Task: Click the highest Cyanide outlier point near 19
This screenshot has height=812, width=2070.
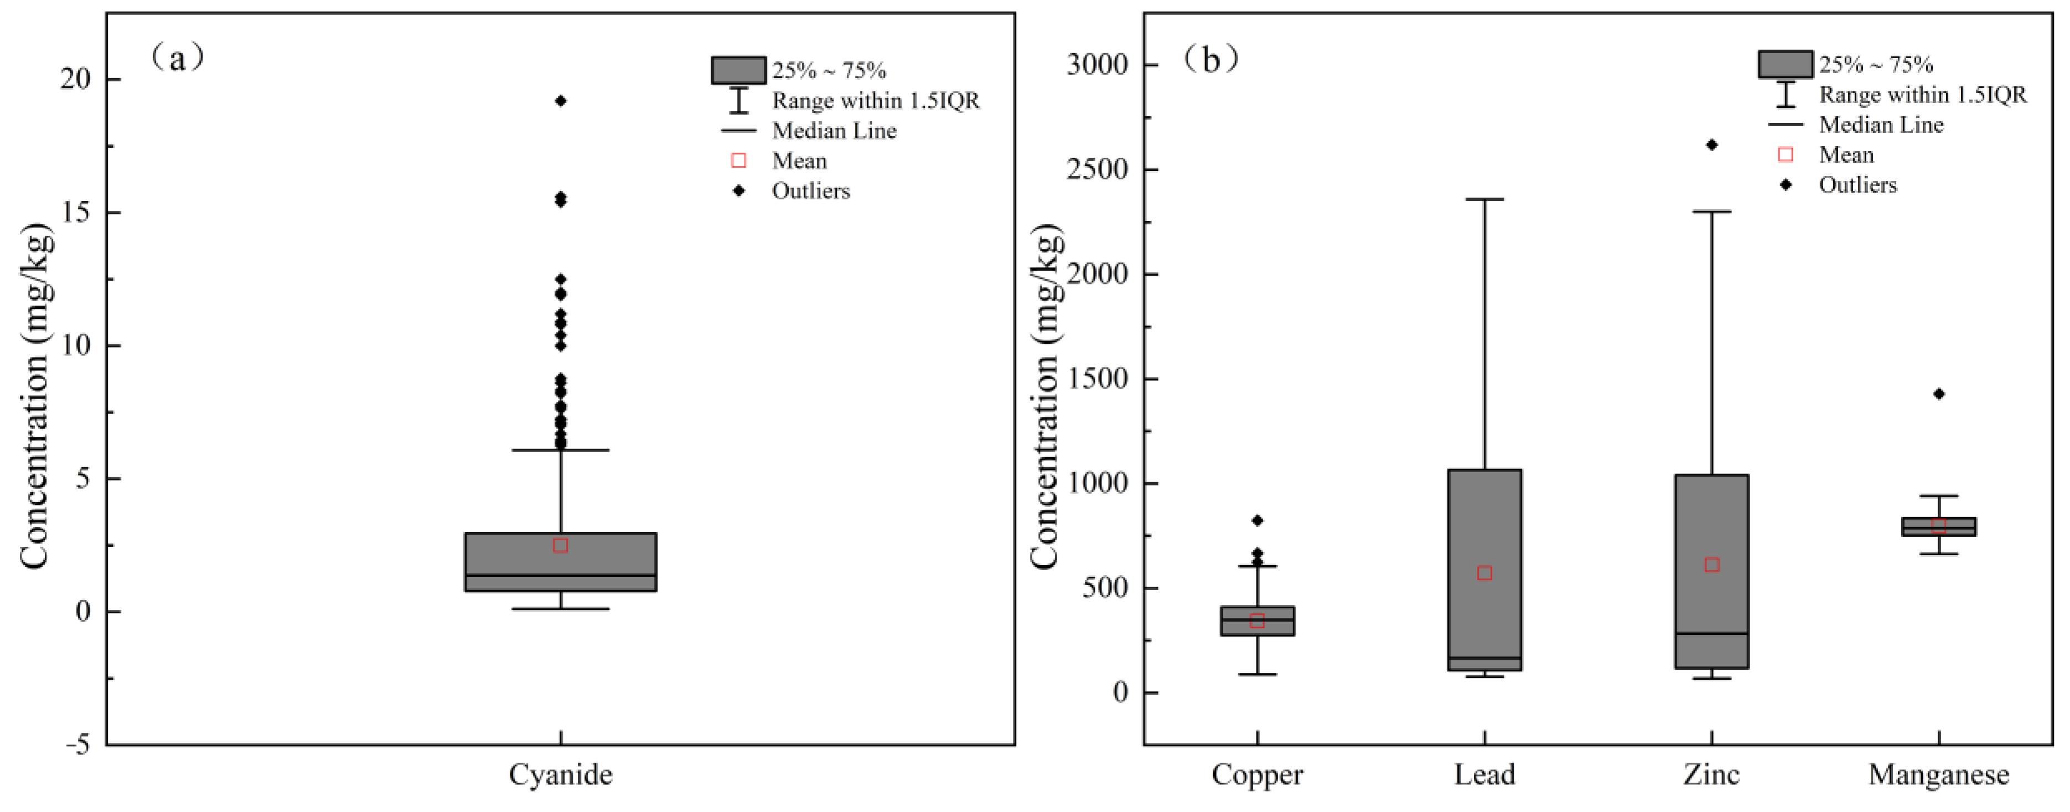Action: point(561,101)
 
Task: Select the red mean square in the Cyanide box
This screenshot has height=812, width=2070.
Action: point(561,546)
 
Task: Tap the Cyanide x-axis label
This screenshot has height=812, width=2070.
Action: point(561,775)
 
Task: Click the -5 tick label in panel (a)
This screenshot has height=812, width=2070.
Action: point(78,745)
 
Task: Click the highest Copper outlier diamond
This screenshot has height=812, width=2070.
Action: point(1257,521)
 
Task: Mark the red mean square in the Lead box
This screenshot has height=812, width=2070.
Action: point(1485,573)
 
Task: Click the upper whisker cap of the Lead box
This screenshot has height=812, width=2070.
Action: point(1485,199)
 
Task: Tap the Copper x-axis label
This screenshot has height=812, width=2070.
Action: point(1257,775)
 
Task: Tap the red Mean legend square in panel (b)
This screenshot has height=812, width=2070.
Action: point(1786,154)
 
